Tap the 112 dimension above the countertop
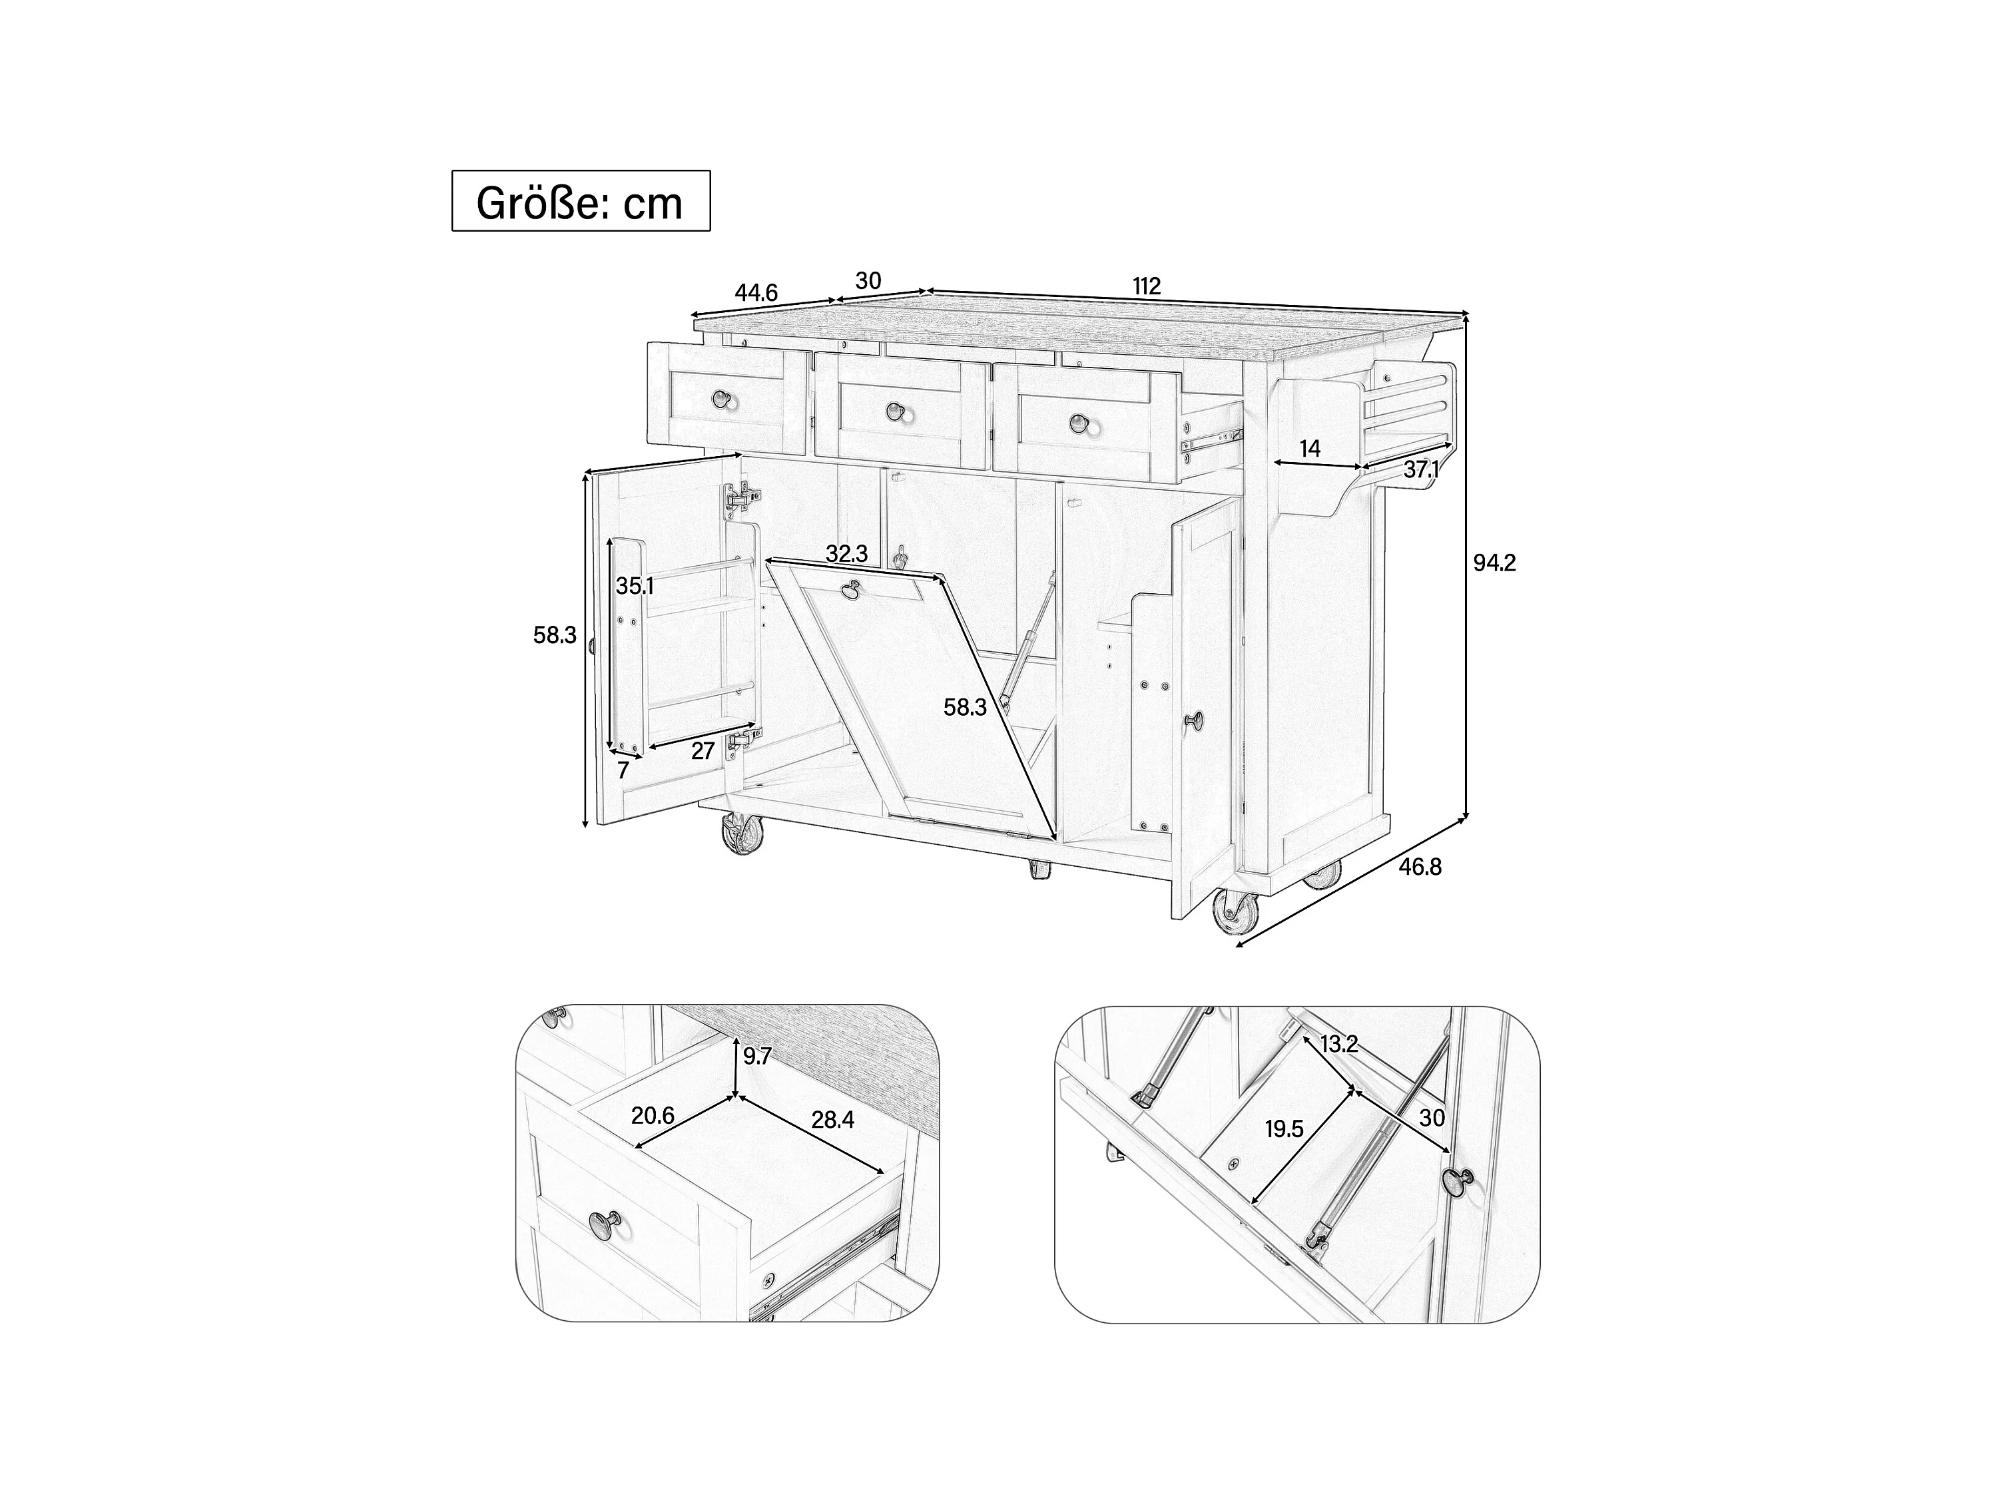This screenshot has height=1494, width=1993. point(1146,286)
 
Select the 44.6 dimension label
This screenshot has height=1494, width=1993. point(756,293)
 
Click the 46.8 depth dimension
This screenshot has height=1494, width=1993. point(1420,867)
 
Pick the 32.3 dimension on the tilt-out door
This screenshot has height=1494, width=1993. point(847,554)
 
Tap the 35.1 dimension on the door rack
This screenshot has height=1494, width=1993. point(635,586)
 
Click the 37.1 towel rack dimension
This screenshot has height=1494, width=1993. point(1421,469)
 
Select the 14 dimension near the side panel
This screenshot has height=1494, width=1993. point(1310,448)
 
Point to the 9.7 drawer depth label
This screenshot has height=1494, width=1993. point(757,1056)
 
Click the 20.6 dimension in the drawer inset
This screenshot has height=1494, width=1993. point(653,1116)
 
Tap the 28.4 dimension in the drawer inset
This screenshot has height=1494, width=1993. point(832,1120)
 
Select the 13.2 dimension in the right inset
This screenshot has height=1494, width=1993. point(1339,1045)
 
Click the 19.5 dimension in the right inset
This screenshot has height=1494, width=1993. point(1284,1129)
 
